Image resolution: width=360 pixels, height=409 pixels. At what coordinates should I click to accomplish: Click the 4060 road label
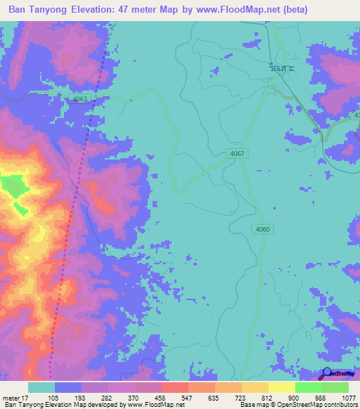(262, 228)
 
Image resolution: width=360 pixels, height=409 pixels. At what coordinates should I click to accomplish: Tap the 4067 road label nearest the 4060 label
(236, 154)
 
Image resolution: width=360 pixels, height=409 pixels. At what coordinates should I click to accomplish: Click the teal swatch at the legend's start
(41, 387)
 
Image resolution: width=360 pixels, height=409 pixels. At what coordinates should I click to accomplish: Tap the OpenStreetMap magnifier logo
(327, 373)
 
